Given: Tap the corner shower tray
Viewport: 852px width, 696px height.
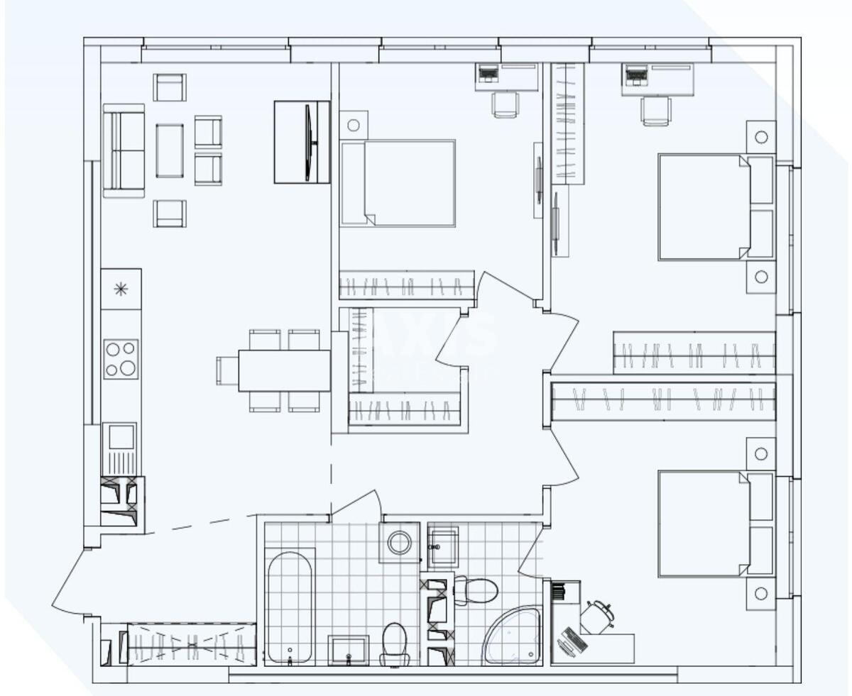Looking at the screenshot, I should (x=513, y=636).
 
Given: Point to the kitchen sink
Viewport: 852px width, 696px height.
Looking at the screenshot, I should (x=121, y=447).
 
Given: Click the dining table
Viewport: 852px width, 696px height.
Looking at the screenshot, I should (x=284, y=370).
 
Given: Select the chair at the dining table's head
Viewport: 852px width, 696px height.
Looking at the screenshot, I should (x=227, y=370).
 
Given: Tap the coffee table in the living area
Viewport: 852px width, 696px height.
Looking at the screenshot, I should (x=170, y=150).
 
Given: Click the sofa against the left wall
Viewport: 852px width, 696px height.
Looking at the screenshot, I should (x=124, y=150).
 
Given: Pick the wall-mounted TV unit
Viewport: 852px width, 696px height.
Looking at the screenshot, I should (x=302, y=142).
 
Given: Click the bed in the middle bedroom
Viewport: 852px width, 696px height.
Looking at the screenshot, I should (x=398, y=183).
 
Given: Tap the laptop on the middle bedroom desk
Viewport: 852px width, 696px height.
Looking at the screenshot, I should (x=487, y=72).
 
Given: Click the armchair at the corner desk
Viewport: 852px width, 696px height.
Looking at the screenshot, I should (x=597, y=616).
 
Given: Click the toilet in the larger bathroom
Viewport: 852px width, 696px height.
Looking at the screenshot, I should (x=395, y=642).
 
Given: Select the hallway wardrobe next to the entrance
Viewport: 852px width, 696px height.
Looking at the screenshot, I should (x=190, y=643).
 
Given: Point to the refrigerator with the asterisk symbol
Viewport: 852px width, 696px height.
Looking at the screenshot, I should (x=121, y=289).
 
